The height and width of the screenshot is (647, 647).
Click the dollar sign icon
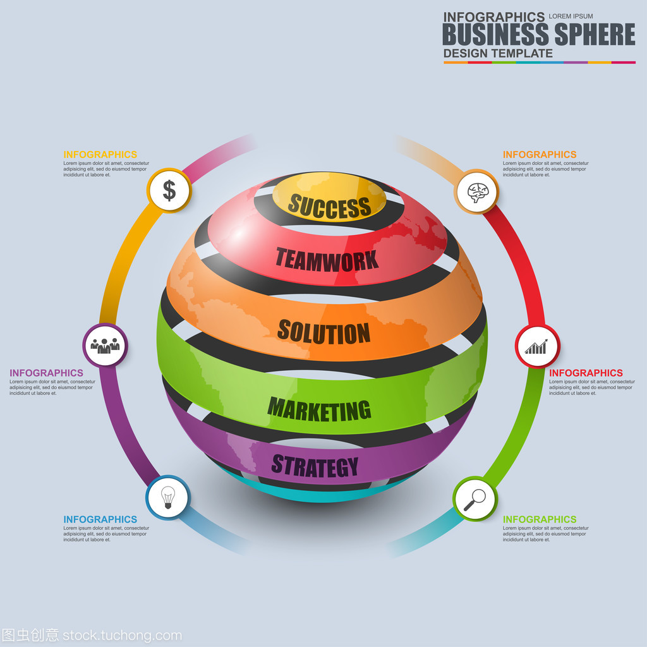click(169, 191)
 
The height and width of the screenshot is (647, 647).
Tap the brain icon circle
click(477, 192)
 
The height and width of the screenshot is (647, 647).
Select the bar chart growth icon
click(536, 347)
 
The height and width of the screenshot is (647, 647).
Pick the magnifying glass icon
click(475, 499)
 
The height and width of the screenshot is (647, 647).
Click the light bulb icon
click(168, 497)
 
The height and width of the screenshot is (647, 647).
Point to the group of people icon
click(106, 346)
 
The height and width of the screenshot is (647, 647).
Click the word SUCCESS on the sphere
click(329, 206)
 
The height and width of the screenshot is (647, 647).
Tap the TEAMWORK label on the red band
click(327, 260)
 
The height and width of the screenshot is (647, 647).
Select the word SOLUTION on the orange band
click(324, 332)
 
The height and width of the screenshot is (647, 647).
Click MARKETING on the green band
click(319, 409)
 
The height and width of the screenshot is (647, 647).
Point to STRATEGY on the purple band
click(315, 466)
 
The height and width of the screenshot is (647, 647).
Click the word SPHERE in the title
click(595, 34)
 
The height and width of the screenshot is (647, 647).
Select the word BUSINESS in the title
click(495, 34)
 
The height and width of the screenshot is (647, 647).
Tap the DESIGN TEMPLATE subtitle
click(498, 53)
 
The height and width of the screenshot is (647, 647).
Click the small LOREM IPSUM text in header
click(571, 16)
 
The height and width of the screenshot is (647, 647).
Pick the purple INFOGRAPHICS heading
click(46, 373)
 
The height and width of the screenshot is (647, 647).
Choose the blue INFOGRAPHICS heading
click(100, 519)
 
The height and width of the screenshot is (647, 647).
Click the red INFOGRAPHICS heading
click(586, 373)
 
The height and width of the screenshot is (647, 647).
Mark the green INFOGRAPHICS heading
click(540, 519)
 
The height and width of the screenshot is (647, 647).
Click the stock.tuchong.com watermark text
click(122, 636)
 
